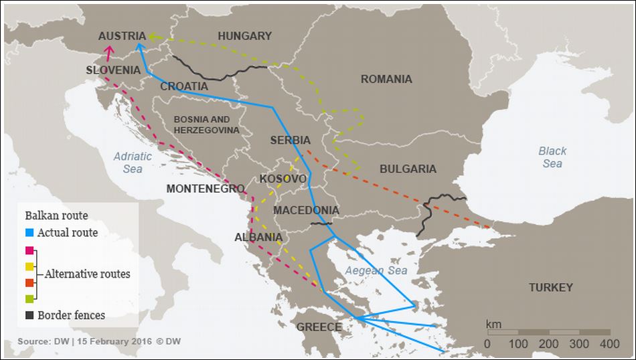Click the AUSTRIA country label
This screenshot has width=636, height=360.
pyautogui.click(x=122, y=36)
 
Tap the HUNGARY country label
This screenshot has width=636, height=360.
pyautogui.click(x=244, y=36)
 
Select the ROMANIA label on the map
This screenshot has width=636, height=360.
pyautogui.click(x=386, y=79)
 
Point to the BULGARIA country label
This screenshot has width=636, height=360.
pyautogui.click(x=408, y=169)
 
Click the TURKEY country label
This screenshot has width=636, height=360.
pyautogui.click(x=550, y=288)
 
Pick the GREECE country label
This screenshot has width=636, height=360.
pyautogui.click(x=319, y=327)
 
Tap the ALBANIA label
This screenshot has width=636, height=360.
pyautogui.click(x=258, y=238)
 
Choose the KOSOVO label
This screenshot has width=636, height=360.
pyautogui.click(x=283, y=179)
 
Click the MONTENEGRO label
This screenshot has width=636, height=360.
pyautogui.click(x=206, y=189)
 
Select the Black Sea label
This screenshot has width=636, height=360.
pyautogui.click(x=552, y=157)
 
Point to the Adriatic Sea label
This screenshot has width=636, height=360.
pyautogui.click(x=133, y=163)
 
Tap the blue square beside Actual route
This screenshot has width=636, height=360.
pyautogui.click(x=29, y=233)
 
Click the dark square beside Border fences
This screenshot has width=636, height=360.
pyautogui.click(x=29, y=314)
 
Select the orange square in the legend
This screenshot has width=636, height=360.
pyautogui.click(x=29, y=282)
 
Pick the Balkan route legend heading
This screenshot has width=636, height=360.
pyautogui.click(x=56, y=215)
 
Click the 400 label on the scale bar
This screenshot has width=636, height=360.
pyautogui.click(x=609, y=344)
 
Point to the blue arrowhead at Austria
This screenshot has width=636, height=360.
pyautogui.click(x=139, y=46)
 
